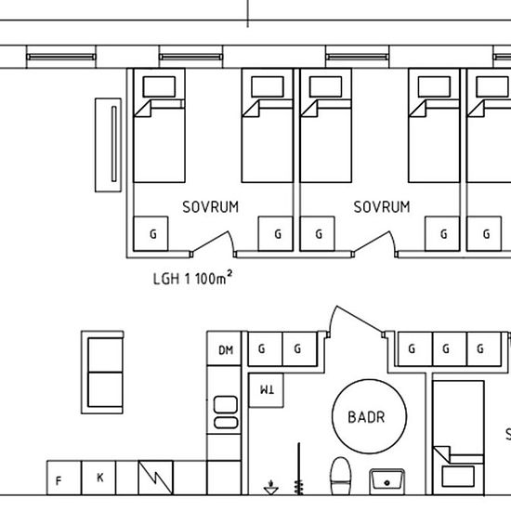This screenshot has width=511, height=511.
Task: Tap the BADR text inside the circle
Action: coord(366,417)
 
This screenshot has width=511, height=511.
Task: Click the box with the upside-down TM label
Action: coord(266,390)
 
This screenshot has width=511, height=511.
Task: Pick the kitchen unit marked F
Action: coord(64,478)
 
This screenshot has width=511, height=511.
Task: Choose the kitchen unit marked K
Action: coord(98,478)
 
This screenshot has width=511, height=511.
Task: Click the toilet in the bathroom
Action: coord(341,476)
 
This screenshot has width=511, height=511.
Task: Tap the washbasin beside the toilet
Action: coord(387,481)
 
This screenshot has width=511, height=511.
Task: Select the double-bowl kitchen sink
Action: coord(226,412)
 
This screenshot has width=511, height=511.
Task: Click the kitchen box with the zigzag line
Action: coord(156,478)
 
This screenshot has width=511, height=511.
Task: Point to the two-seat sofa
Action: coord(102,373)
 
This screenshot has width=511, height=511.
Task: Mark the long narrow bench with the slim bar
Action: coord(108,145)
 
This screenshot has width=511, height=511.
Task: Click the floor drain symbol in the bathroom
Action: coord(270,488)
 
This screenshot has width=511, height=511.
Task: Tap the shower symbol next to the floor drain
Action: coord(298,469)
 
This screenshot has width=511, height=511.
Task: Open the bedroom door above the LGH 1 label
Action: coord(213,243)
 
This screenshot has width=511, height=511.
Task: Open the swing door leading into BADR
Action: coord(356,321)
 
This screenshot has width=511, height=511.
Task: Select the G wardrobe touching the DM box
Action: coord(266,348)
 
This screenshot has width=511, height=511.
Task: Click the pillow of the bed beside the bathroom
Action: coord(458,477)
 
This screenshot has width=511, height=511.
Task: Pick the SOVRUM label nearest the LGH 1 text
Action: coord(211,207)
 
